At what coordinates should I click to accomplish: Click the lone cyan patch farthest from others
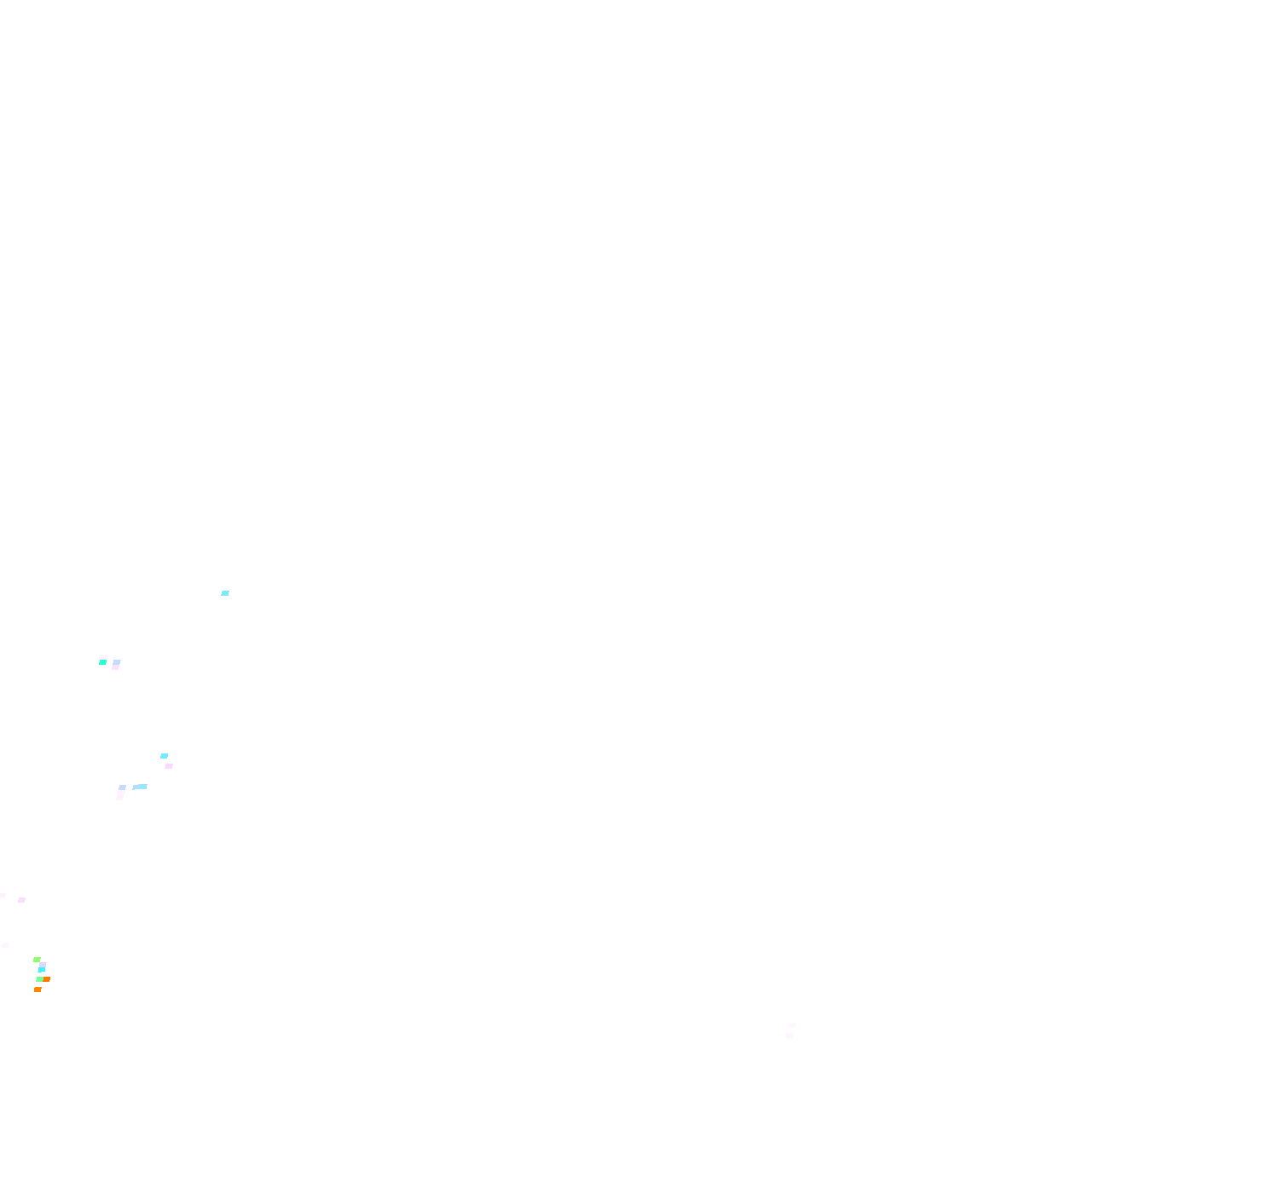(x=225, y=593)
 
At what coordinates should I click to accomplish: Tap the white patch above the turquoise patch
(x=104, y=657)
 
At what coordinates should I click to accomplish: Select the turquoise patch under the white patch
(x=102, y=662)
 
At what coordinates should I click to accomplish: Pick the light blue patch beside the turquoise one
(x=117, y=662)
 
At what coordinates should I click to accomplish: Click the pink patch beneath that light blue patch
(x=115, y=667)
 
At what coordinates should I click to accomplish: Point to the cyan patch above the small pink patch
(x=165, y=756)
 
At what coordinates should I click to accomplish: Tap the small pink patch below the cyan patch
(x=169, y=766)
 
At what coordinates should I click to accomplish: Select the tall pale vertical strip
(x=121, y=793)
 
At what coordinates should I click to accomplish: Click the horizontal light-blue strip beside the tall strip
(x=141, y=787)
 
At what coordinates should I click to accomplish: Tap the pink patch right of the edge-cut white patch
(x=21, y=900)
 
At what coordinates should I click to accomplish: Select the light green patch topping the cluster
(x=37, y=960)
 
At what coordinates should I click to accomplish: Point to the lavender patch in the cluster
(x=43, y=965)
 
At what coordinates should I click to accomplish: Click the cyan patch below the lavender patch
(x=42, y=970)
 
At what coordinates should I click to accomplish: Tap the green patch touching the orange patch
(x=39, y=979)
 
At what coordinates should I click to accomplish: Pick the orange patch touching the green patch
(x=46, y=979)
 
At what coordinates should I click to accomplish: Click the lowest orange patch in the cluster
(x=38, y=989)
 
